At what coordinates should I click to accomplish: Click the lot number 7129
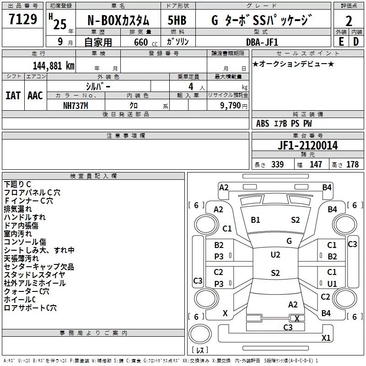tap(22, 20)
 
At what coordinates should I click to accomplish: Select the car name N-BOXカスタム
tap(118, 20)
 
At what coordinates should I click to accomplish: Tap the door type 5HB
tap(177, 20)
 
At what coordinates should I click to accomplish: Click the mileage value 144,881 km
tap(54, 65)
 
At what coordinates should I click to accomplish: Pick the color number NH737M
tap(76, 105)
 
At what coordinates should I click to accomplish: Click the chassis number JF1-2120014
tap(307, 145)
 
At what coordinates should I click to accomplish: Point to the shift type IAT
tap(13, 96)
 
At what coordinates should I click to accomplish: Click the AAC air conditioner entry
tap(35, 96)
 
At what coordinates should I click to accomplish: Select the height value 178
tap(353, 164)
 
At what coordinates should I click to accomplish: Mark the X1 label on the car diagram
tap(326, 338)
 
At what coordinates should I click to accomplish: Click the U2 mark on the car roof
tap(275, 255)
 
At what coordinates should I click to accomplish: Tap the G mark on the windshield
tap(289, 241)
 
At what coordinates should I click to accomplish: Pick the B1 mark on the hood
tap(255, 220)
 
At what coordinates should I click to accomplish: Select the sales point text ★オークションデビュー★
tap(293, 64)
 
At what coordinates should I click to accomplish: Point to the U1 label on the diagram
tap(332, 284)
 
